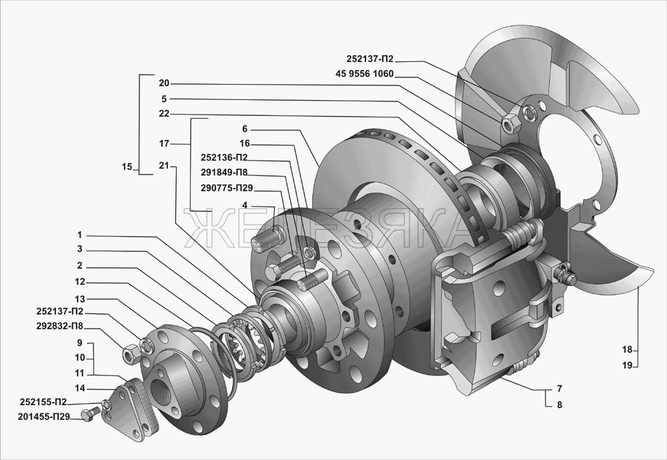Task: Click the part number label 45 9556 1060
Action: [365, 75]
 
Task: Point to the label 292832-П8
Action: [60, 328]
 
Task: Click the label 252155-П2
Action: [43, 402]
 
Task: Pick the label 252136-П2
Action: [224, 158]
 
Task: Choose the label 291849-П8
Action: [225, 173]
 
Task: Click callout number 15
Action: [127, 167]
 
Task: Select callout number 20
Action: [164, 83]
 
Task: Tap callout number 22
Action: [164, 114]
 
